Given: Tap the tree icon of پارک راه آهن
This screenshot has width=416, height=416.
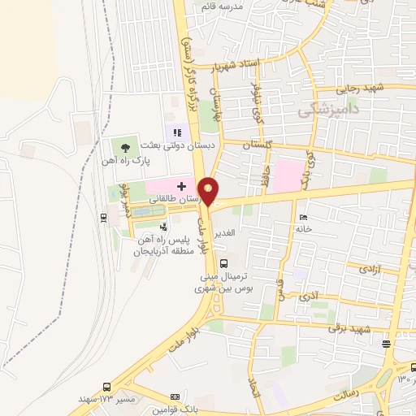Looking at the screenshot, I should [x=125, y=147].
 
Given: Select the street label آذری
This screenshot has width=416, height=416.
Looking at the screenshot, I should [x=310, y=297].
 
